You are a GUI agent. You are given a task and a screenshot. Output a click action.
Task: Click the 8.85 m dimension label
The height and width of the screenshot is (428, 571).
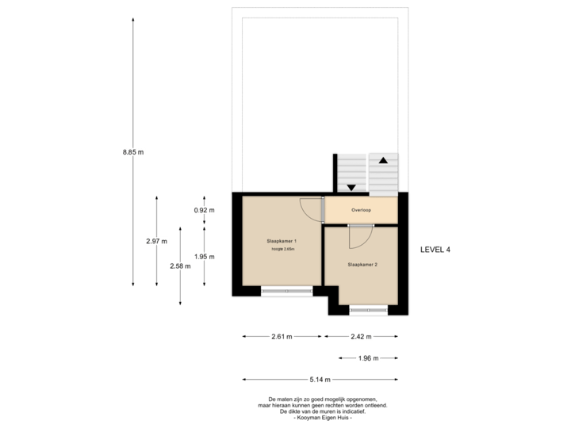click(x=132, y=151)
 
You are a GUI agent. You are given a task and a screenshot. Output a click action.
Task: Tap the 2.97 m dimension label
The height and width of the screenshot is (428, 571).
click(x=156, y=241)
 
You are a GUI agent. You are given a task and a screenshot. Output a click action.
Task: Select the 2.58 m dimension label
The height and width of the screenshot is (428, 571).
click(x=180, y=266)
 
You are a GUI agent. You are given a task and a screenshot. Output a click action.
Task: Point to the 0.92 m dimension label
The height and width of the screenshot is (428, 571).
click(x=204, y=210)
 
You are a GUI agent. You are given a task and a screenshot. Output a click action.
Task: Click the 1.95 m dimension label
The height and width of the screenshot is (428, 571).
click(x=204, y=256)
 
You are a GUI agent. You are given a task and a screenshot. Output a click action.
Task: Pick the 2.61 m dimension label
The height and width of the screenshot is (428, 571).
click(x=282, y=336)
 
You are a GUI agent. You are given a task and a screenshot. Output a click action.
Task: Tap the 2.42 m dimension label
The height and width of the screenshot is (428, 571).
click(x=361, y=336)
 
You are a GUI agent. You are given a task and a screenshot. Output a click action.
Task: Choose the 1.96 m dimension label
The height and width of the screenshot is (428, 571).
click(x=368, y=358)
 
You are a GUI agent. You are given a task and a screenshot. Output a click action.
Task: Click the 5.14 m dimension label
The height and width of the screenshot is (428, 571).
click(x=320, y=379)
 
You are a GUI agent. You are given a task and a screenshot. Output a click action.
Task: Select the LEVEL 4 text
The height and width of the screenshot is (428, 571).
click(x=435, y=249)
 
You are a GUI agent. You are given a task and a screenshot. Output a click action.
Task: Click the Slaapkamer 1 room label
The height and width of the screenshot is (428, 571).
click(x=282, y=240)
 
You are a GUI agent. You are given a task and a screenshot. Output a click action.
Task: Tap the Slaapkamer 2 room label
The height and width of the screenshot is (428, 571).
click(x=362, y=264)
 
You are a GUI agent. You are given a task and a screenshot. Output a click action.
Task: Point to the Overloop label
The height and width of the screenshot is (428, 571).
click(x=361, y=210)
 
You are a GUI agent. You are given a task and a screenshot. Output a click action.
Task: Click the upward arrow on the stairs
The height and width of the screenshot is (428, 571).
click(x=383, y=160)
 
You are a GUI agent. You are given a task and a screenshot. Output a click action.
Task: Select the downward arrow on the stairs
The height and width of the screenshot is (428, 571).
click(x=351, y=188)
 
